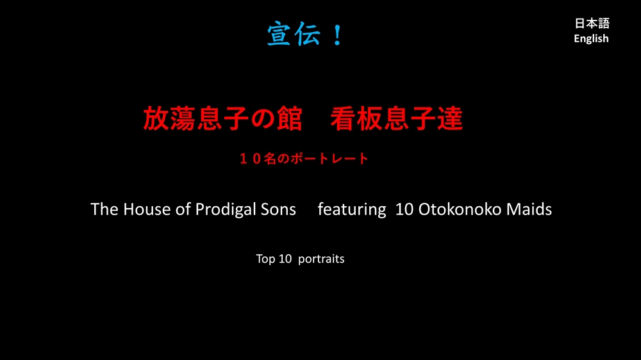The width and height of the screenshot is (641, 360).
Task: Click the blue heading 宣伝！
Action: [305, 35]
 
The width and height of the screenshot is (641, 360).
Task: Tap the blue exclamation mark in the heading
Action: [337, 35]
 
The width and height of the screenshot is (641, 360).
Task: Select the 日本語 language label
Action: [592, 23]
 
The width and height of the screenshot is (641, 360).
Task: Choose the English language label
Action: [591, 39]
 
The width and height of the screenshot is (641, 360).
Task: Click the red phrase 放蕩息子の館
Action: [223, 119]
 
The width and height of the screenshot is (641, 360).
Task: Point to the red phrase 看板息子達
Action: [397, 119]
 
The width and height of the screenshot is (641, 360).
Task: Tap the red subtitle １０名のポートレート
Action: [304, 159]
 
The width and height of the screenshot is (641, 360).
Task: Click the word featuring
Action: [352, 210]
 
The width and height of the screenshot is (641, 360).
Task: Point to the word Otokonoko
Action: [460, 209]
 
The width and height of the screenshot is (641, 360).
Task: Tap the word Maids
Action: [529, 209]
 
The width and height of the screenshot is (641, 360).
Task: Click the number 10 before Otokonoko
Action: [404, 209]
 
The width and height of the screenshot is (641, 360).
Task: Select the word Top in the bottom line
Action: [265, 259]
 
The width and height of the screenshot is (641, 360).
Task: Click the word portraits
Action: [321, 259]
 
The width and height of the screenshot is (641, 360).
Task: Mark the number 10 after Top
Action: [285, 259]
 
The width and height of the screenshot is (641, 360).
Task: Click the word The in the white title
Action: [104, 209]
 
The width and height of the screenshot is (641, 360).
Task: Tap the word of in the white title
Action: [183, 209]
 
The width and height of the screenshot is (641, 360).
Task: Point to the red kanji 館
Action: [290, 119]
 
